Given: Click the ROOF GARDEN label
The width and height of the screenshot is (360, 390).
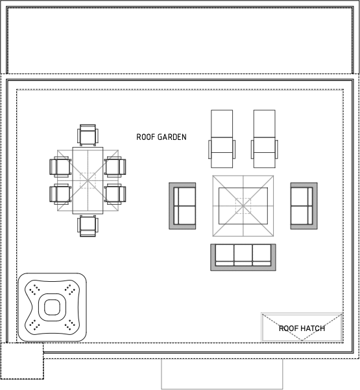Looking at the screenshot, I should (162, 137).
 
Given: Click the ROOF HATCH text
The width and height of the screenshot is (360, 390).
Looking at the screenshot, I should (302, 328).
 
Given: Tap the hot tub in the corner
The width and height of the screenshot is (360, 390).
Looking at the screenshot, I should (52, 307).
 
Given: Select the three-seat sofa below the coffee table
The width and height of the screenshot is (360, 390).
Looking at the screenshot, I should (243, 257).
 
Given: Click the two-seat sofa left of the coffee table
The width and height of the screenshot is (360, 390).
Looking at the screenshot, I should (183, 205).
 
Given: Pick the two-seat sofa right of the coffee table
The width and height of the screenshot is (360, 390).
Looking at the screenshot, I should (303, 205).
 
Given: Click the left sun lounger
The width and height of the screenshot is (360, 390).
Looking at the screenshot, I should (222, 134).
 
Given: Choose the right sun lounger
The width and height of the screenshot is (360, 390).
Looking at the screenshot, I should (264, 134).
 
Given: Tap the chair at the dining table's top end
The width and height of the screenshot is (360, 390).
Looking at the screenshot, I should (88, 136).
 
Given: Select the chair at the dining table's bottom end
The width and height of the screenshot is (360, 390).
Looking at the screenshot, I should (88, 225).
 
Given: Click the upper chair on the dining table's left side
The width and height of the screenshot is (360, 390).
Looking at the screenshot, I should (61, 166).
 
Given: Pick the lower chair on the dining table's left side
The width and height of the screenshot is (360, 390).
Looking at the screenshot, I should (61, 194).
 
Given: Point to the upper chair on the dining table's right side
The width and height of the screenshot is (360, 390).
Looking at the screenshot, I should (115, 166).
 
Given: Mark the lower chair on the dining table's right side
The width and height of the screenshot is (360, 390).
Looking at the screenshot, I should (115, 194).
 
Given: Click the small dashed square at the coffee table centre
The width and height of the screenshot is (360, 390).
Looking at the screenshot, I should (243, 205).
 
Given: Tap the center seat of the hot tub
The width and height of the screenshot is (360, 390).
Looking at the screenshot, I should (52, 307).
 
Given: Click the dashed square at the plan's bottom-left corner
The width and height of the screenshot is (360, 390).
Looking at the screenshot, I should (21, 361).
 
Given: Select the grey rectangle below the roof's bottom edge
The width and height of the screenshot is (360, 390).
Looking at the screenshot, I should (222, 374).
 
